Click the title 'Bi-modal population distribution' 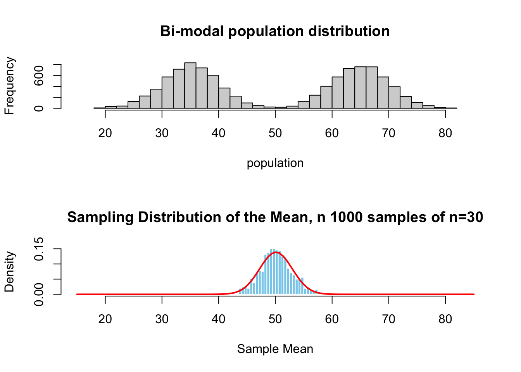pos(275,31)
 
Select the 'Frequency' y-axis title pos(9,86)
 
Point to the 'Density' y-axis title pos(9,272)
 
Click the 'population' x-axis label pos(275,163)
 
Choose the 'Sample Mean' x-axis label pos(275,349)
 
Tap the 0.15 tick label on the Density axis pos(39,249)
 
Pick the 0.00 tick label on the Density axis pos(39,294)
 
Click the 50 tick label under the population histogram pos(275,133)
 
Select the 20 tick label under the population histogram pos(105,133)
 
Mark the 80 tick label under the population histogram pos(445,133)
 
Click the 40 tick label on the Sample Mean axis pos(218,319)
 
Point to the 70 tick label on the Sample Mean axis pos(388,319)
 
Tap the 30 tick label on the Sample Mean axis pos(162,319)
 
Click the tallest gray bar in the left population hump pos(190,86)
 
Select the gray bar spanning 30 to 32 pos(167,93)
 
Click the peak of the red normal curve pos(275,252)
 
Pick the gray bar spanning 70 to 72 pos(394,98)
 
